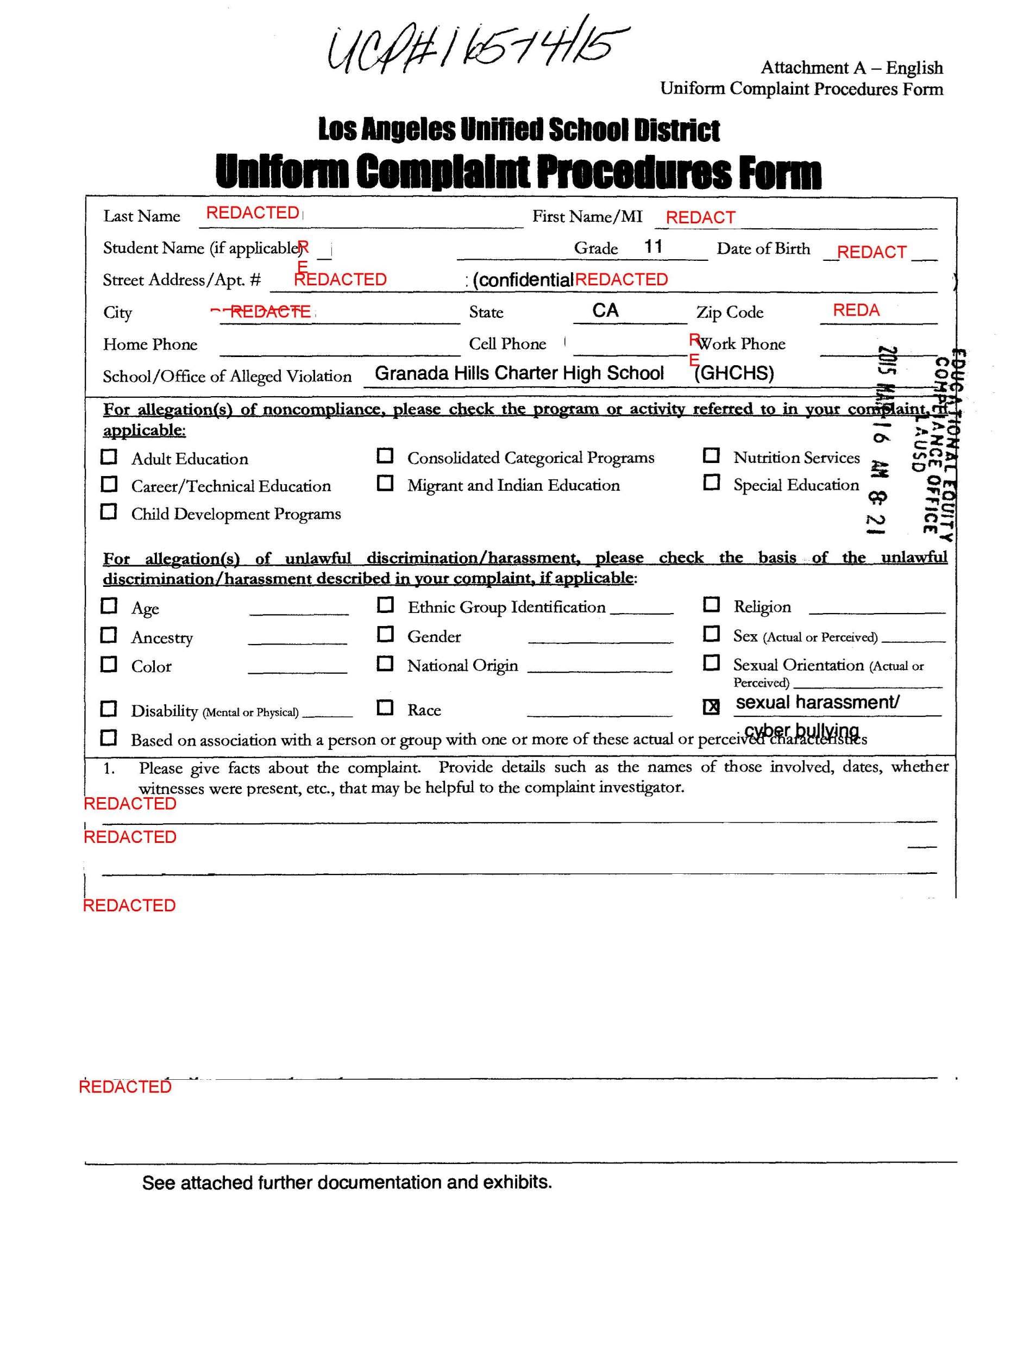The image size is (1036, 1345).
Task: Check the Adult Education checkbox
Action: point(109,456)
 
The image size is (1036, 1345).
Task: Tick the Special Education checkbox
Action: point(711,482)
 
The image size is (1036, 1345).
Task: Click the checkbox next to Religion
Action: point(711,604)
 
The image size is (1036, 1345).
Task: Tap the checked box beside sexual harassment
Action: point(711,706)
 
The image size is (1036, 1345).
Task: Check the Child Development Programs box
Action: point(109,511)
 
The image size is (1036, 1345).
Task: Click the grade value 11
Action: point(653,247)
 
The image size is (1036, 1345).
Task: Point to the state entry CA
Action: point(605,310)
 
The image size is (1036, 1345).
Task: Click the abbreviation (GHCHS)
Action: point(734,373)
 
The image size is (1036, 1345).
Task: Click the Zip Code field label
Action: point(730,312)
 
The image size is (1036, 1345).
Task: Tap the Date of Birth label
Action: point(763,249)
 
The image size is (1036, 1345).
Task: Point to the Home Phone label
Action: point(150,344)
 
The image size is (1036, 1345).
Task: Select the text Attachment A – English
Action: point(851,67)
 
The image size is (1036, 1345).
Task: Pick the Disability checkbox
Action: point(109,709)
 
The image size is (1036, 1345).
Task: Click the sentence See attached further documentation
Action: point(347,1182)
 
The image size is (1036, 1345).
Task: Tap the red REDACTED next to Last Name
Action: point(253,213)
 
